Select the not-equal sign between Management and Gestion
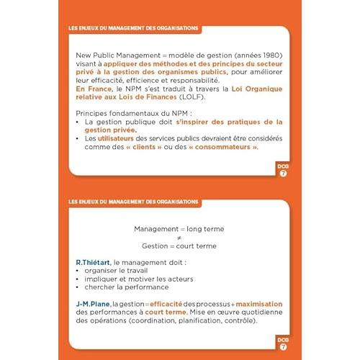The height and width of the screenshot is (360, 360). tap(179, 237)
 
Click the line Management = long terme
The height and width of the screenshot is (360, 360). tap(179, 228)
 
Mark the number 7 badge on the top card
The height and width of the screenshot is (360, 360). tap(284, 174)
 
